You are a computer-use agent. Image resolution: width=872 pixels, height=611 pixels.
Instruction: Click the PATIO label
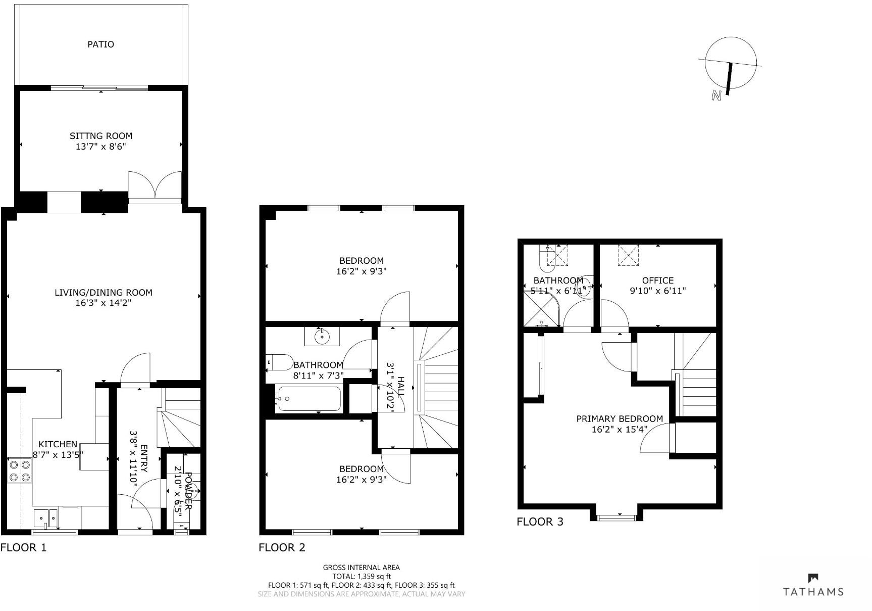tap(100, 44)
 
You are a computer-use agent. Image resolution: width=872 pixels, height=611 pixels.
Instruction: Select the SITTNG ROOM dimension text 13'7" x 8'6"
tap(101, 147)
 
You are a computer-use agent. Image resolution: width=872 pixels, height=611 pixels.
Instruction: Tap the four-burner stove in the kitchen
tap(20, 471)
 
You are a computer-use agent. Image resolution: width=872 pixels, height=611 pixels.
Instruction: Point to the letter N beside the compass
tap(715, 95)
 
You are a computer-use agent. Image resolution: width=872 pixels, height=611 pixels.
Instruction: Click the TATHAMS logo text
tap(813, 591)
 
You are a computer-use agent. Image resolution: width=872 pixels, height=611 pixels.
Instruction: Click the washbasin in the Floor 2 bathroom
tap(322, 336)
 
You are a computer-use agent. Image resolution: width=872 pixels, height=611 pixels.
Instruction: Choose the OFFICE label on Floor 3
tap(657, 280)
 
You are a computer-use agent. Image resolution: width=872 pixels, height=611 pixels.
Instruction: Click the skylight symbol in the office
tap(628, 255)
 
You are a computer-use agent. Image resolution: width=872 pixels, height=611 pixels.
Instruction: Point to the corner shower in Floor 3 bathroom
tap(541, 309)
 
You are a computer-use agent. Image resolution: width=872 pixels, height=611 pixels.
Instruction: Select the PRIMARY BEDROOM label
tap(619, 419)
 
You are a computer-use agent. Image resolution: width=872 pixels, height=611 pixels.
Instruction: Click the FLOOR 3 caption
tap(539, 522)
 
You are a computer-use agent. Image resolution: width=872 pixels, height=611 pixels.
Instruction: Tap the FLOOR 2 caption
tap(282, 547)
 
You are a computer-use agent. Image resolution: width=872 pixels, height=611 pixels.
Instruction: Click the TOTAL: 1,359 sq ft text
tap(361, 576)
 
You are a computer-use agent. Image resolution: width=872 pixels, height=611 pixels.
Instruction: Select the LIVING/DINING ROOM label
tap(103, 292)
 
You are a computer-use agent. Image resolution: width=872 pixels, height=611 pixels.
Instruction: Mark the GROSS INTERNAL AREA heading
tap(361, 568)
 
